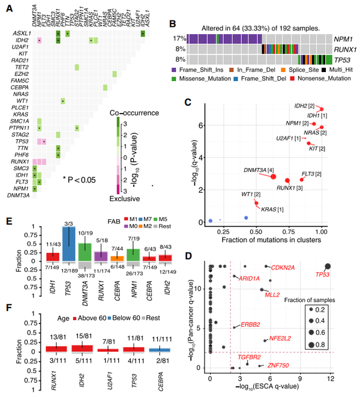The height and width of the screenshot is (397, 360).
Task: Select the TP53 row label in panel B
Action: point(343,58)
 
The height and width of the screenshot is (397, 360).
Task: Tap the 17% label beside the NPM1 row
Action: point(178,38)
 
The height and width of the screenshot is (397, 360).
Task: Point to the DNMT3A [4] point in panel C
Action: point(273,176)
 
